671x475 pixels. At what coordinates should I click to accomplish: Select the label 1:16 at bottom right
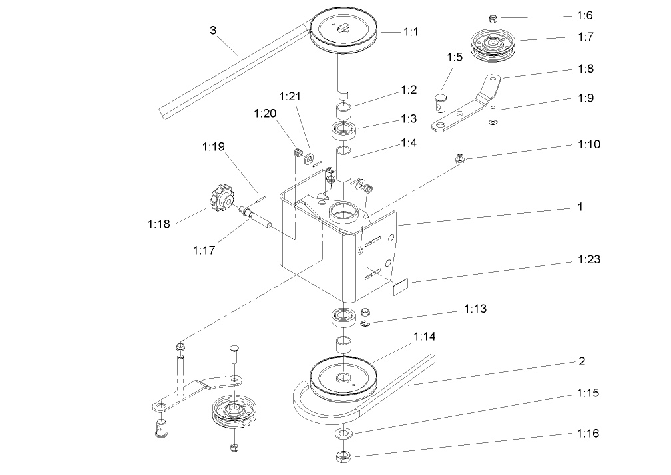[x=586, y=433]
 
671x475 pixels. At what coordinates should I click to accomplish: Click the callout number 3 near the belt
[x=213, y=30]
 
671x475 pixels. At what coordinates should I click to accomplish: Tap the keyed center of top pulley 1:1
[x=344, y=27]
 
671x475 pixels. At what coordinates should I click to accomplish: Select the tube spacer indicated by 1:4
[x=345, y=164]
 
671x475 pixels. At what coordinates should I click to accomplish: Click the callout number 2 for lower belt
[x=581, y=362]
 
